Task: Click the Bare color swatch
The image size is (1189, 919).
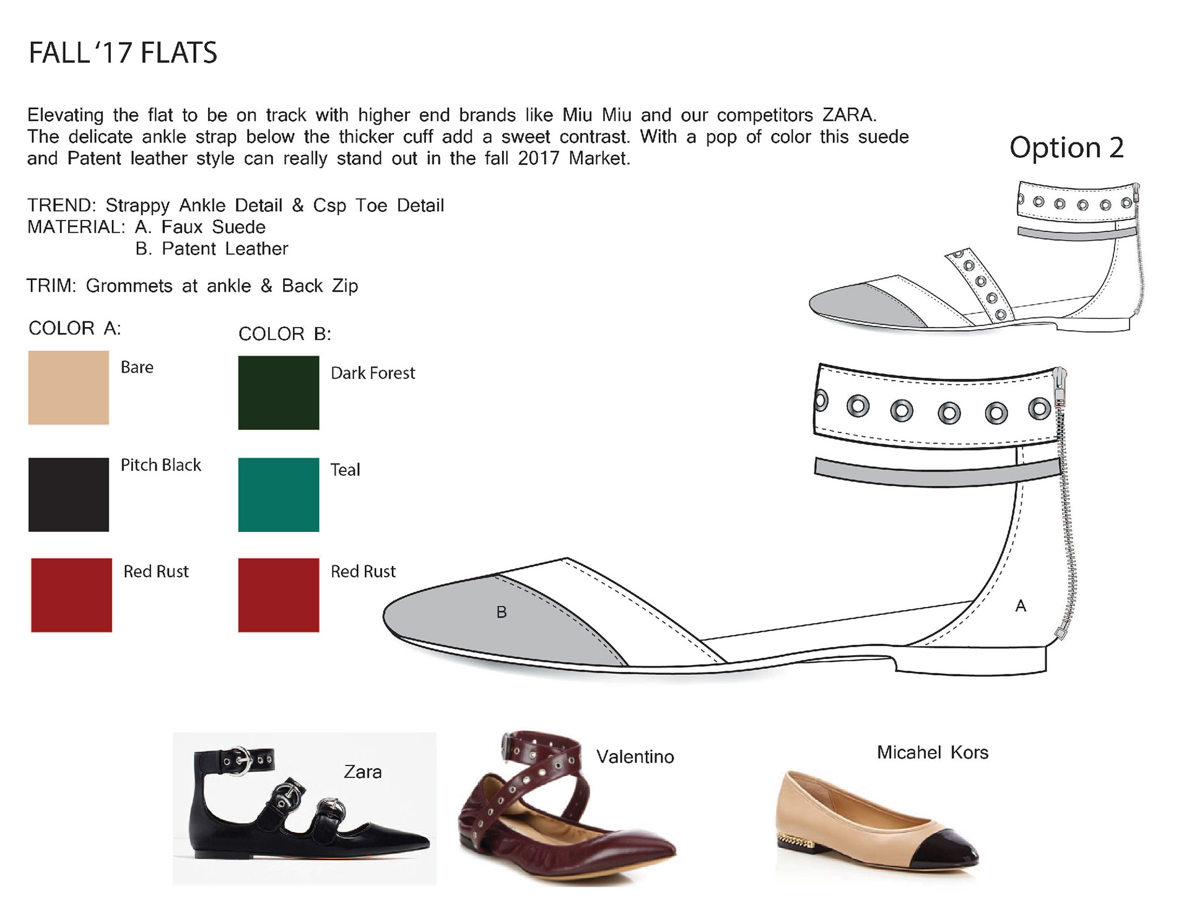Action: [68, 388]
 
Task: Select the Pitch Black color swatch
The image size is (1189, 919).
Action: [68, 494]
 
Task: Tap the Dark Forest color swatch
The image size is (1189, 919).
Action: [278, 393]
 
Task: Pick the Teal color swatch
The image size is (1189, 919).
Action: [278, 494]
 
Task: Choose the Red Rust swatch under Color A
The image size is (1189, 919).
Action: [71, 595]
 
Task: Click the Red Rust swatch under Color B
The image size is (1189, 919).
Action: [278, 595]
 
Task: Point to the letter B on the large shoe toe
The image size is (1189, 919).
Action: [502, 612]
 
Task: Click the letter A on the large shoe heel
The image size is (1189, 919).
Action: [1021, 606]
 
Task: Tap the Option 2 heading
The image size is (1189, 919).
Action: [1066, 147]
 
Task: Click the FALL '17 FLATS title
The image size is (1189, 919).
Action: [123, 53]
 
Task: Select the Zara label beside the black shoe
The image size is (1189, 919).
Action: [363, 772]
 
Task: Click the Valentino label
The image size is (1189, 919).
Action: [635, 757]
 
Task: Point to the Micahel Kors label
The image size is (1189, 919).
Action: [933, 752]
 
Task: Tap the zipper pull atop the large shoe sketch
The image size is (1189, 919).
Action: [1060, 377]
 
